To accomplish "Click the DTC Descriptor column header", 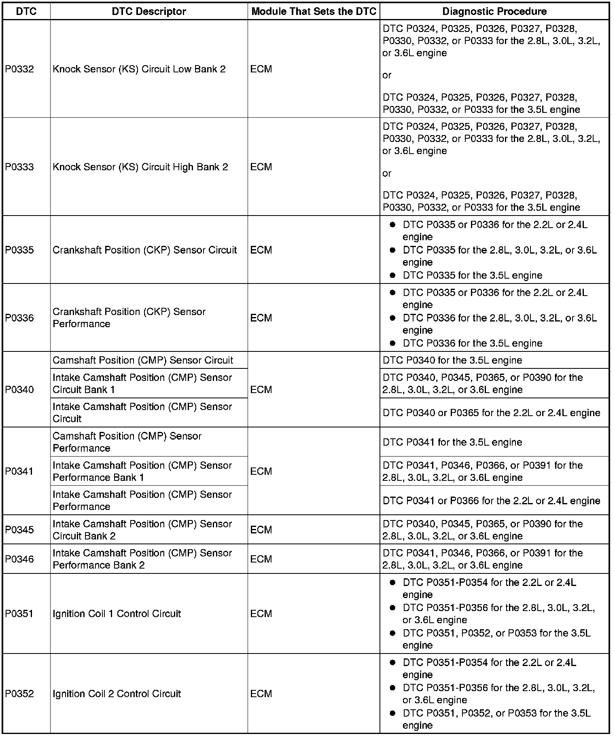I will (149, 11).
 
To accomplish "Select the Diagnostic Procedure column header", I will (494, 11).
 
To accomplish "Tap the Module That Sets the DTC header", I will (314, 11).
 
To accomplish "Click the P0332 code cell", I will (19, 69).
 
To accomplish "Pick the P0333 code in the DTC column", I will (19, 167).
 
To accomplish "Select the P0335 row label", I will (19, 250).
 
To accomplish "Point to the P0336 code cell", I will (19, 318).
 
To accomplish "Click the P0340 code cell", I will (19, 389).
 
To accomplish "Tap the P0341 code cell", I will (19, 471).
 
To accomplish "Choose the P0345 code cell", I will (19, 530).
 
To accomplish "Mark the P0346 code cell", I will (19, 559).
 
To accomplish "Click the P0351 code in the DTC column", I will (19, 613).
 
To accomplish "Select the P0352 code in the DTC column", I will (19, 694).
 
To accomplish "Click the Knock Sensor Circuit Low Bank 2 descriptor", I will (139, 69).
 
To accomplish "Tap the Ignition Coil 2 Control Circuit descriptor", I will (117, 694).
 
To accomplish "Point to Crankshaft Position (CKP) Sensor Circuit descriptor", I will (144, 250).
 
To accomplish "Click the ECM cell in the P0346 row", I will (261, 559).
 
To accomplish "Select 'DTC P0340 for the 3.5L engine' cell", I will (452, 360).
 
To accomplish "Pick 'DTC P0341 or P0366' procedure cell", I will (491, 501).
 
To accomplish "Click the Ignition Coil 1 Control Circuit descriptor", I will (117, 613).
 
